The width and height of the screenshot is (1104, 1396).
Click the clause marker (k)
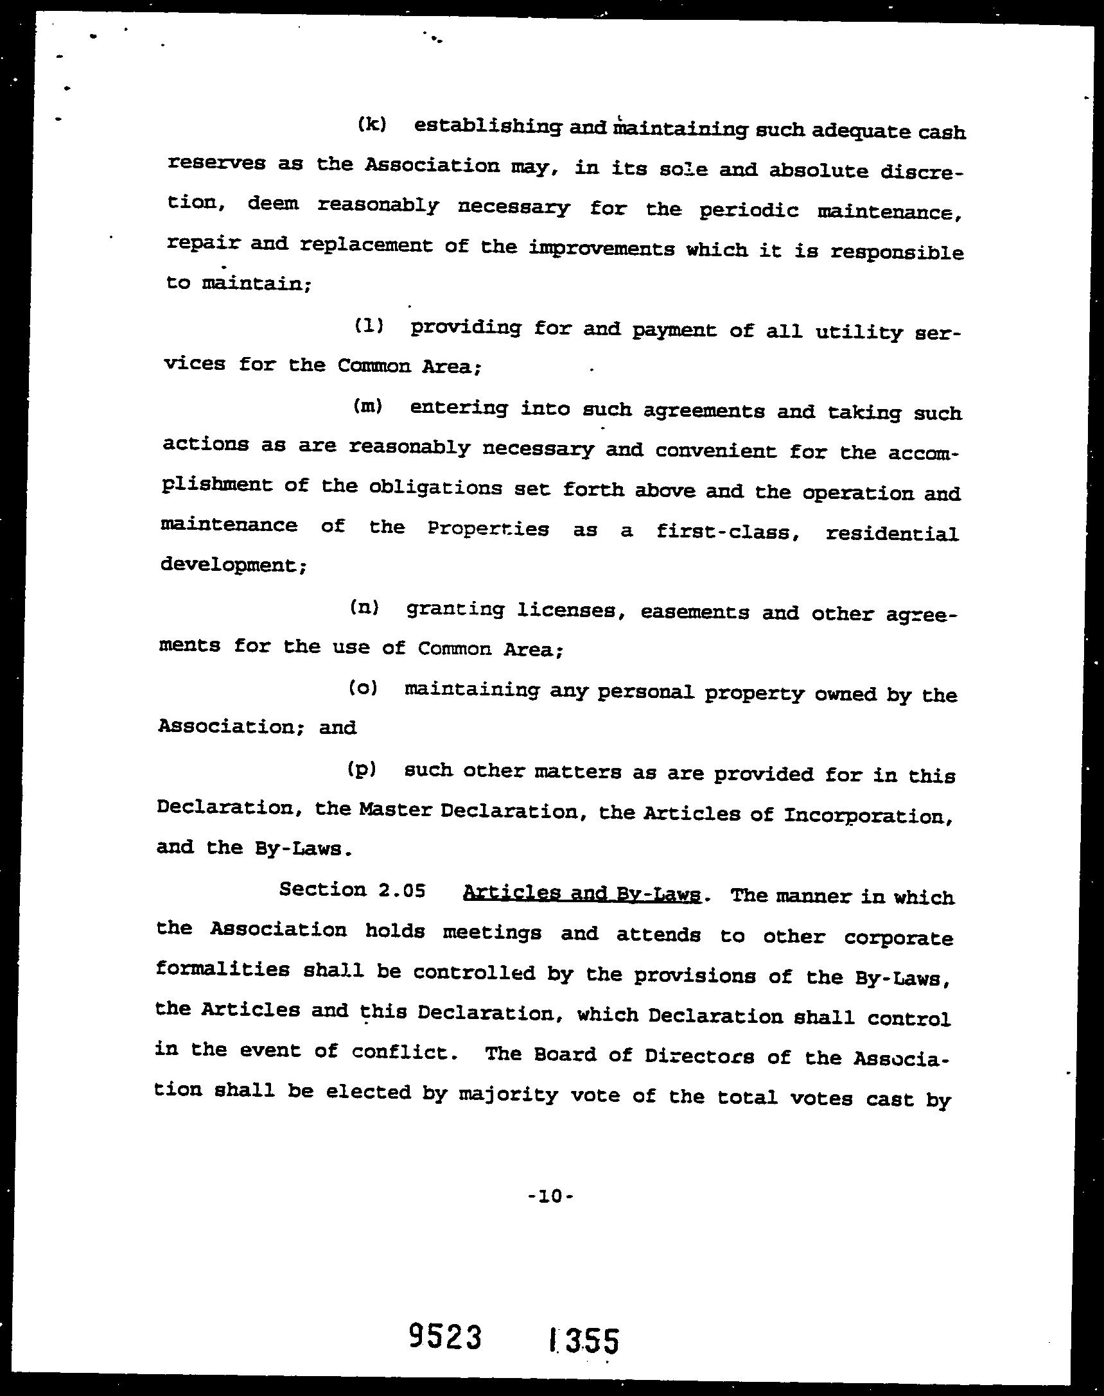(372, 124)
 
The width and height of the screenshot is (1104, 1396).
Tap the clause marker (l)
(369, 326)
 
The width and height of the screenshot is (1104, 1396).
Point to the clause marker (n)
(365, 607)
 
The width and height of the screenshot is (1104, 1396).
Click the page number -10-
(550, 1196)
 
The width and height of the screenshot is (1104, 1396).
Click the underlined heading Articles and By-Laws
(582, 893)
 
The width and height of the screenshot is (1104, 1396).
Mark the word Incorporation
(868, 816)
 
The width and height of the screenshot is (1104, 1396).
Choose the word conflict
(400, 1052)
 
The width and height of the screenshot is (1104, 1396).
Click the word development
(231, 565)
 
